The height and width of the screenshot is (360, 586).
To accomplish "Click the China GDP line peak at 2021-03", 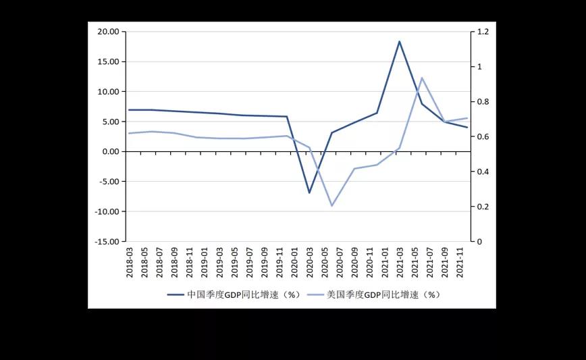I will pos(400,41).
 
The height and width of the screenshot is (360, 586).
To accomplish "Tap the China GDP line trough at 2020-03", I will pos(309,193).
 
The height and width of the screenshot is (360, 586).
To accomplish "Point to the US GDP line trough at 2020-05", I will pos(331,205).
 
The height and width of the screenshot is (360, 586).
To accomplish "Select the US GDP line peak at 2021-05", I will pos(422,78).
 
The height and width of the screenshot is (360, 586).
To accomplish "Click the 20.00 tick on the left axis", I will pos(108,32).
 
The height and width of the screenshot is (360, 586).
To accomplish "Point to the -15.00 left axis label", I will pos(107,242).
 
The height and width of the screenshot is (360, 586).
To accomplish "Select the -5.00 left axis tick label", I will pos(109,182).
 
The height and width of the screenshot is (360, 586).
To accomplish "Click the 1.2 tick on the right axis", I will pos(483,32).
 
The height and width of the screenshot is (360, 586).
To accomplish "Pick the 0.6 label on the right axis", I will pos(483,137).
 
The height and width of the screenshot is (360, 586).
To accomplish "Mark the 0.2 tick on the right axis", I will pos(483,207).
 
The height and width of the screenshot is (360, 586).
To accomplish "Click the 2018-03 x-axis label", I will pos(129,261).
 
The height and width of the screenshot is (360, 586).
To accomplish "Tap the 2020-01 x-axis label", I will pos(294,261).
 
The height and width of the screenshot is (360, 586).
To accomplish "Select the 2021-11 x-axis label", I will pos(460,261).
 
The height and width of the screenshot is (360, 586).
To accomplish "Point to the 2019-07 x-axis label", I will pos(249,261).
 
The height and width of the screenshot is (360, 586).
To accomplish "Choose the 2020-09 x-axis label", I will pos(354,261).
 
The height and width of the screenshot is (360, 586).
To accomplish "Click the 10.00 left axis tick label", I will pos(108,92).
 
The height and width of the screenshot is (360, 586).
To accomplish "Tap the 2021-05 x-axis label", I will pos(415,261).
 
